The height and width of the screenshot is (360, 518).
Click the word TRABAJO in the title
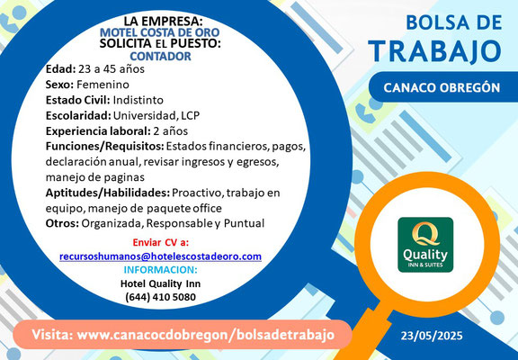(x=435, y=51)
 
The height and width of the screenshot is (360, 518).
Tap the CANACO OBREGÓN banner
(x=443, y=87)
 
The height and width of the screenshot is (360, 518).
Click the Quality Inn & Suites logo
(x=425, y=245)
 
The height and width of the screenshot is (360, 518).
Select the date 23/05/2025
(x=432, y=337)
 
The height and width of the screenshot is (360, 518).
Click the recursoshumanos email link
(x=161, y=256)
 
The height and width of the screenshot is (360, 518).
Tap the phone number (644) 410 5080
(x=161, y=297)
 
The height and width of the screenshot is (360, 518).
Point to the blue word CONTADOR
(x=161, y=56)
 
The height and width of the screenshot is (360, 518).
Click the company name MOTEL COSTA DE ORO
(x=160, y=32)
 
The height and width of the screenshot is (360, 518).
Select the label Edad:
(x=61, y=69)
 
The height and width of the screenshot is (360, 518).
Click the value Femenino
(x=103, y=85)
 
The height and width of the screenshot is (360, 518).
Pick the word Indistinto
(x=138, y=100)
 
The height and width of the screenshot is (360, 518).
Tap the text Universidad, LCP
(x=156, y=116)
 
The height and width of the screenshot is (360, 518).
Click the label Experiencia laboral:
(x=98, y=131)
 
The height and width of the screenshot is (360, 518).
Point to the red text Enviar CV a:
(x=161, y=242)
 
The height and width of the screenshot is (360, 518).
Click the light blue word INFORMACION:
(x=161, y=270)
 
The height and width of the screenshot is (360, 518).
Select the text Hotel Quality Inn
(x=161, y=283)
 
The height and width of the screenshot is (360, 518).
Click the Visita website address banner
(x=183, y=335)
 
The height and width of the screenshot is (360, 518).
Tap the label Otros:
(x=62, y=223)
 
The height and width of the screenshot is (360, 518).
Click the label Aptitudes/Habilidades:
(x=108, y=193)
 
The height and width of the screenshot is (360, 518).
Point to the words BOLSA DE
(x=454, y=22)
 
